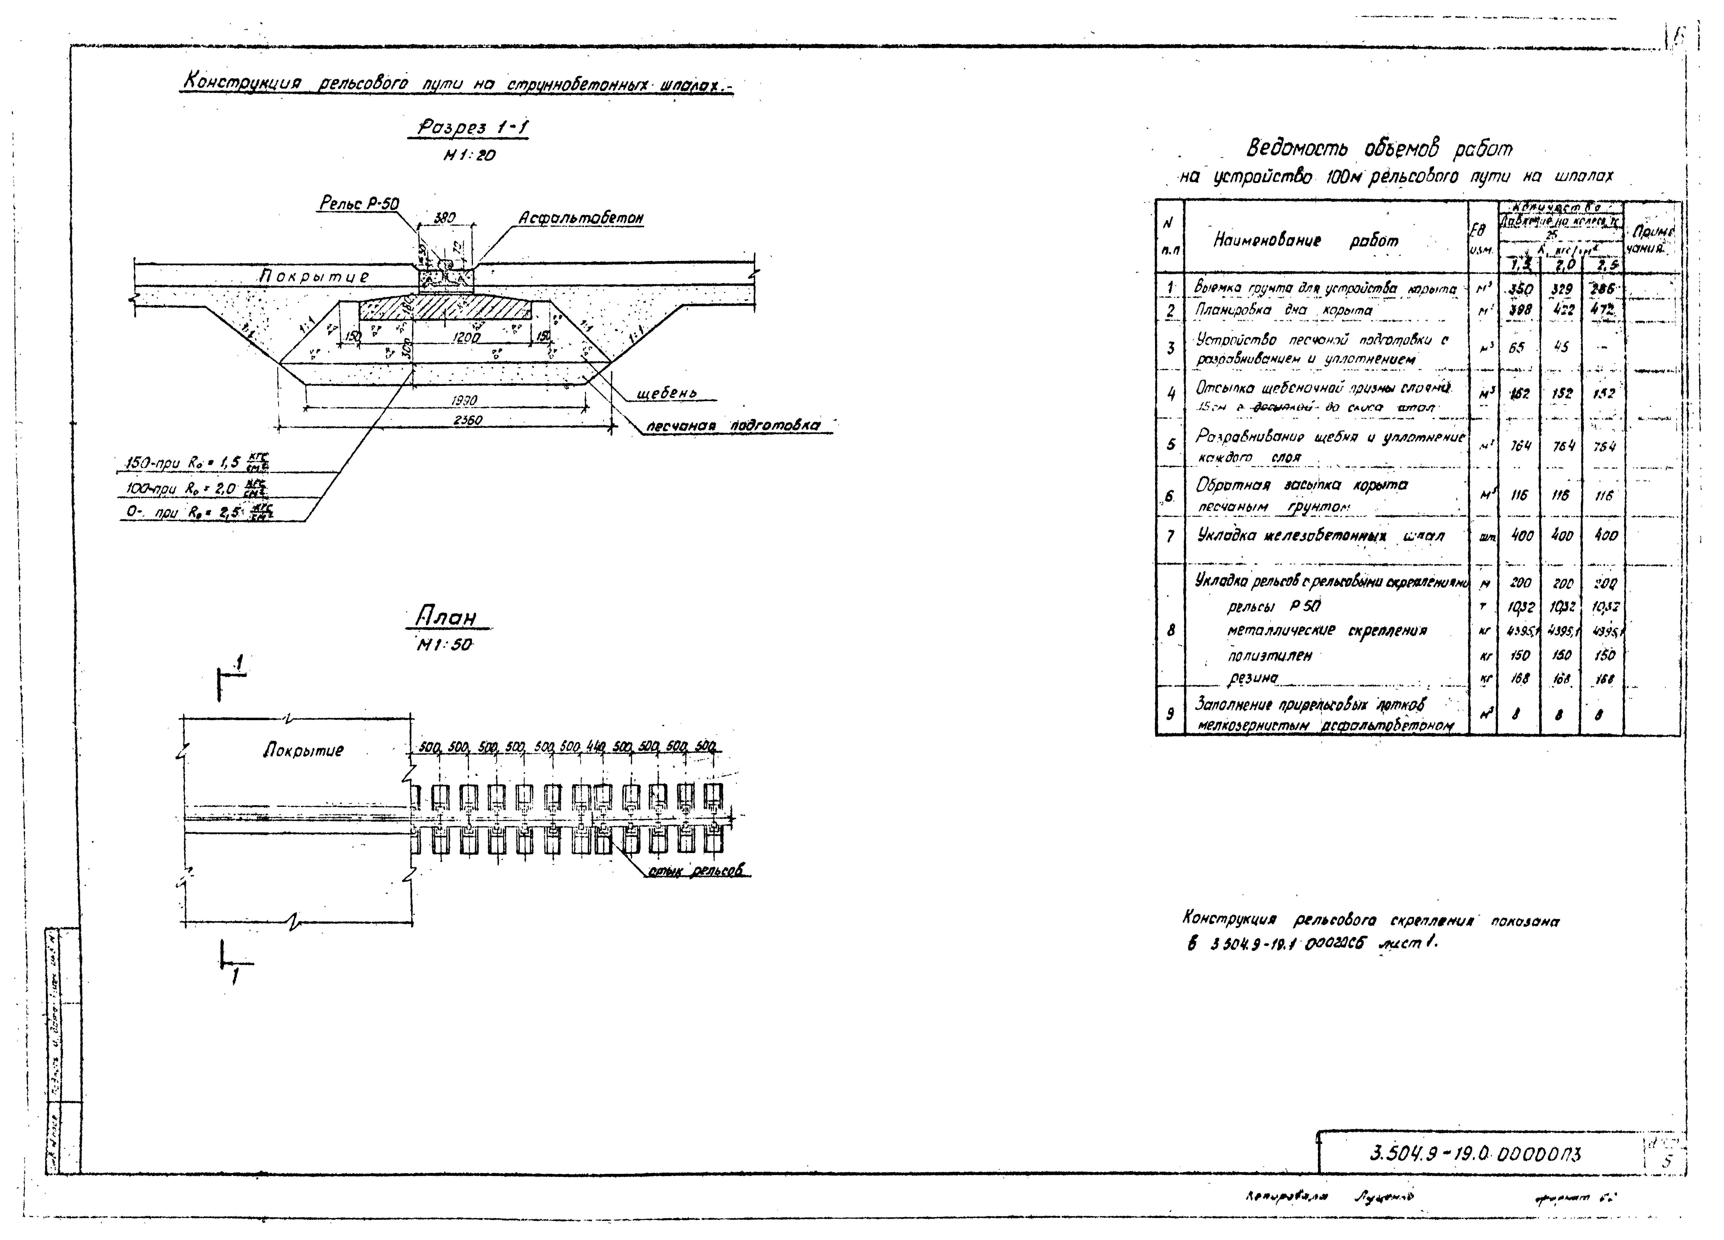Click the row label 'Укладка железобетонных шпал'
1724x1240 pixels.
pos(1320,536)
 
